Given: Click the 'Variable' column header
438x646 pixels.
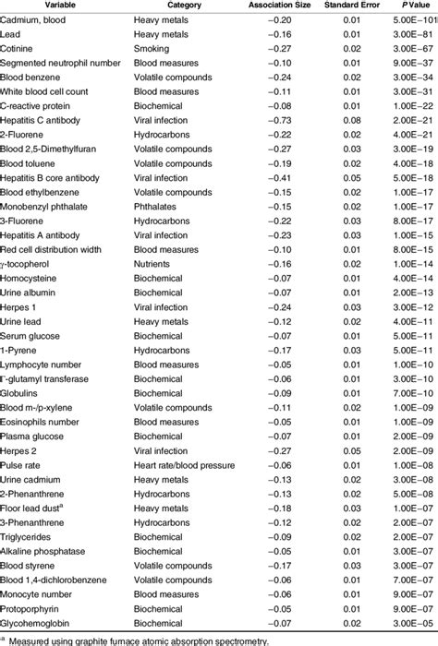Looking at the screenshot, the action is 34,6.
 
